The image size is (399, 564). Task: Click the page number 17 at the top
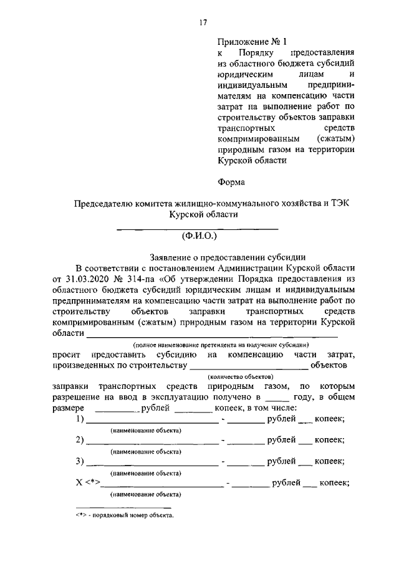203,23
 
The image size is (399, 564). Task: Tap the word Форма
231,182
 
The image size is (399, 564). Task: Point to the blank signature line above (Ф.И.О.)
198,229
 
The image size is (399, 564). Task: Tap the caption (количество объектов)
240,376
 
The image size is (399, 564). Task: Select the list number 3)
79,462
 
